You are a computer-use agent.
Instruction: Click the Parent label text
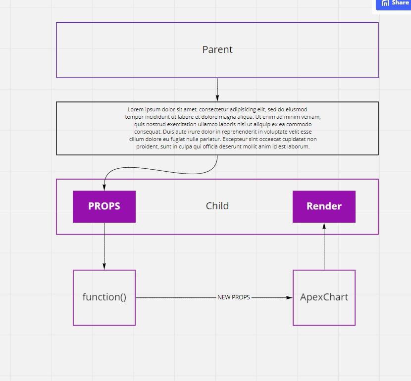tap(217, 49)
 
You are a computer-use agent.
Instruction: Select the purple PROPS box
tap(104, 207)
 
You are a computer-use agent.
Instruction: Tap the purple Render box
tap(324, 207)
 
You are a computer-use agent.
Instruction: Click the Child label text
tap(217, 206)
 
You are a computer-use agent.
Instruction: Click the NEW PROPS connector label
tap(234, 297)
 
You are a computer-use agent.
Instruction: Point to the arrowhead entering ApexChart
tap(289, 297)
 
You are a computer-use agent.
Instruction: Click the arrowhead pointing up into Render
tap(324, 226)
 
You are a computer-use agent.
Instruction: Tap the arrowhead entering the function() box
tap(104, 266)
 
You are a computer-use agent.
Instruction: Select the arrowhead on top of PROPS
tap(104, 187)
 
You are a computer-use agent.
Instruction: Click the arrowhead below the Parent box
tap(217, 98)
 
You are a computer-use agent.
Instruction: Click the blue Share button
tap(394, 3)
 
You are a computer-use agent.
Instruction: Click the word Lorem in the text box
tap(136, 109)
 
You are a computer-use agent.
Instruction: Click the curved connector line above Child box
tap(160, 170)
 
